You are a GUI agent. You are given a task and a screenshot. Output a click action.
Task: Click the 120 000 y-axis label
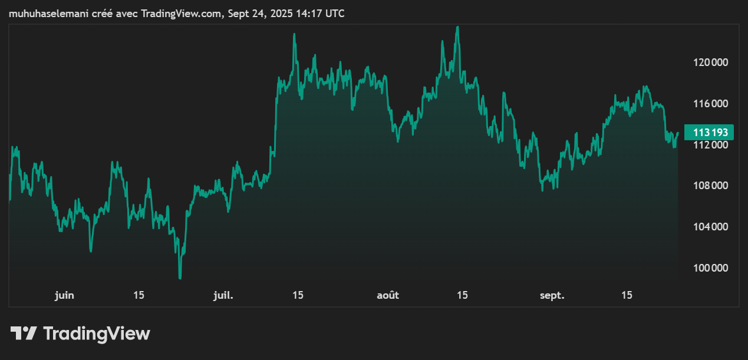click(x=711, y=62)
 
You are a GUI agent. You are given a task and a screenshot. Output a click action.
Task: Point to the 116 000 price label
click(x=711, y=104)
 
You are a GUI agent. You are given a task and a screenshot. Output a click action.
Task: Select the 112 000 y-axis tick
click(x=711, y=145)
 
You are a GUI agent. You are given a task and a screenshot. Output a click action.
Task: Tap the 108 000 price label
click(x=711, y=186)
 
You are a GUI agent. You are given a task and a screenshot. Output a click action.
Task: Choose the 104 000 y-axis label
click(x=711, y=227)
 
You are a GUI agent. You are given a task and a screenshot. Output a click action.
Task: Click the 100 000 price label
click(x=711, y=268)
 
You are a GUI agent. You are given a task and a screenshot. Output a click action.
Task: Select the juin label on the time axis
click(x=64, y=295)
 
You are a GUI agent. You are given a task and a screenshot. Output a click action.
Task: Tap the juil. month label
click(x=223, y=295)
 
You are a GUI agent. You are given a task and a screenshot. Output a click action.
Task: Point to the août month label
click(x=388, y=295)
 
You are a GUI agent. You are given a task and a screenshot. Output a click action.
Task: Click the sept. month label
click(x=552, y=295)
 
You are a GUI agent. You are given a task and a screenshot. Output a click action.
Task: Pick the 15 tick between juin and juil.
click(x=139, y=295)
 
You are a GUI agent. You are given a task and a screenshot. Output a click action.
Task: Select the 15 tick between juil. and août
click(x=298, y=295)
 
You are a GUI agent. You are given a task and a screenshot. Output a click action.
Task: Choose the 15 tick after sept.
click(x=627, y=295)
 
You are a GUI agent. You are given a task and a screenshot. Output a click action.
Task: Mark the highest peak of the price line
click(x=457, y=27)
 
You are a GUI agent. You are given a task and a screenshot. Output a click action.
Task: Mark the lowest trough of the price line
click(x=180, y=278)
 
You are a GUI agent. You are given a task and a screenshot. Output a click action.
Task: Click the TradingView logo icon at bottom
click(x=24, y=333)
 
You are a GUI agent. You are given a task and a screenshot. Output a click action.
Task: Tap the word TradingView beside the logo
click(x=97, y=334)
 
